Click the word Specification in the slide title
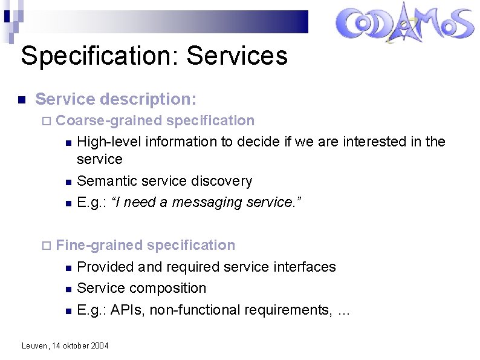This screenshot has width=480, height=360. [x=100, y=56]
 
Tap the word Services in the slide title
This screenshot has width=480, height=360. [x=237, y=56]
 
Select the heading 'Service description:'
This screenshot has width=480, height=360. [x=116, y=99]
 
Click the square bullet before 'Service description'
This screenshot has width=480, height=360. [x=21, y=99]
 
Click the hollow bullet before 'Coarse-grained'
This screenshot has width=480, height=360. [x=47, y=121]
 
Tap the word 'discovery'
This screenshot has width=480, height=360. [x=222, y=181]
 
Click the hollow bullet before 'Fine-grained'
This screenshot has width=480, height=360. [x=47, y=246]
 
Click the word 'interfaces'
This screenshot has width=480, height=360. [x=305, y=267]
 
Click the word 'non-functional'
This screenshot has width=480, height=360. [x=192, y=310]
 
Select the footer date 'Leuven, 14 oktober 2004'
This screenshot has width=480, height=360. [x=65, y=345]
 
